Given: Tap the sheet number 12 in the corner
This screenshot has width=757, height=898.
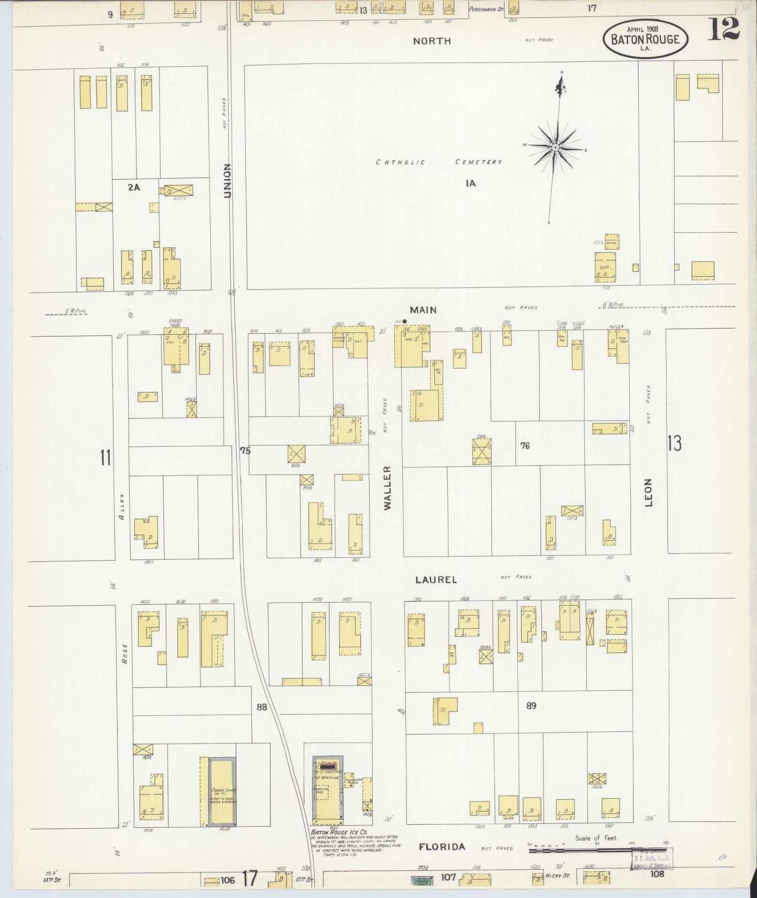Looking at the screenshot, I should (x=724, y=29).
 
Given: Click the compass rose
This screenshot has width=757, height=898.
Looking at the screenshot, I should (x=556, y=147).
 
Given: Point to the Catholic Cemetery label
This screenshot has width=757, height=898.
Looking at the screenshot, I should (x=438, y=162).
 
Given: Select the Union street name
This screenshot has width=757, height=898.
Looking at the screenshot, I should (x=228, y=180).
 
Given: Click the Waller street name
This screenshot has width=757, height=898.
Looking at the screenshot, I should (x=387, y=488).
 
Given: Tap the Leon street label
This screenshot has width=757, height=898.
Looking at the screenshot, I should (x=649, y=492).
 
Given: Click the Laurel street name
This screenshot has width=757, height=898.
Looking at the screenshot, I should (x=436, y=580).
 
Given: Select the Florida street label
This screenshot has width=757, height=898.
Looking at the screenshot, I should (x=442, y=847).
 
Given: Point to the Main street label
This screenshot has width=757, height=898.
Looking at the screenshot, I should (x=423, y=310).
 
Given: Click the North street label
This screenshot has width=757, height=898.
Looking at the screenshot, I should (x=432, y=41).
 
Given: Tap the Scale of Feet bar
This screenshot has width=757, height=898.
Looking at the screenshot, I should (x=596, y=850).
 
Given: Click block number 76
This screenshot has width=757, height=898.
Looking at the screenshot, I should (x=525, y=445).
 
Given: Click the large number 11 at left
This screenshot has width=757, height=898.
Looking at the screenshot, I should (x=105, y=457).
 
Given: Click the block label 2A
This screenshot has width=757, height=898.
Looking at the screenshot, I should (x=134, y=187).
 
